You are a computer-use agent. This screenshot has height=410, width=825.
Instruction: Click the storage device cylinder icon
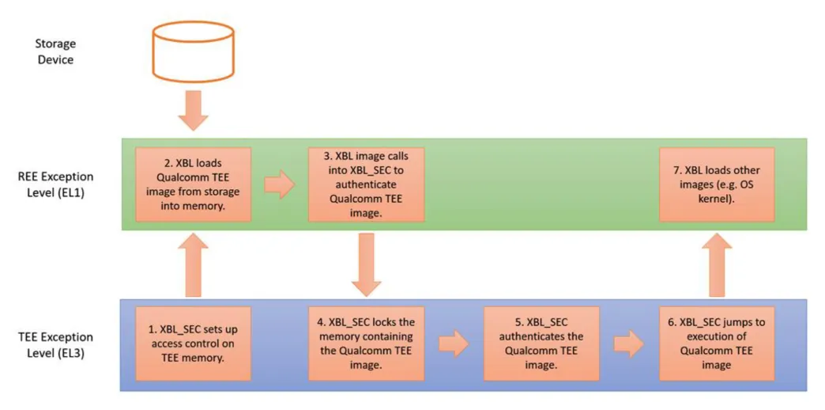[193, 51]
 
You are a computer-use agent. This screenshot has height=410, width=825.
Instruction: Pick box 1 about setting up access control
[193, 344]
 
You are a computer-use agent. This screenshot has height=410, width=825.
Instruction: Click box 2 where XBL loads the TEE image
[193, 184]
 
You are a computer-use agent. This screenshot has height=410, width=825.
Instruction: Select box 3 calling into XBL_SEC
[366, 184]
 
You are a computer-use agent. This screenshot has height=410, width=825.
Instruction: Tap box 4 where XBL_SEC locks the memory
[366, 344]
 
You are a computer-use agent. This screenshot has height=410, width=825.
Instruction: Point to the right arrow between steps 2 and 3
[278, 184]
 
